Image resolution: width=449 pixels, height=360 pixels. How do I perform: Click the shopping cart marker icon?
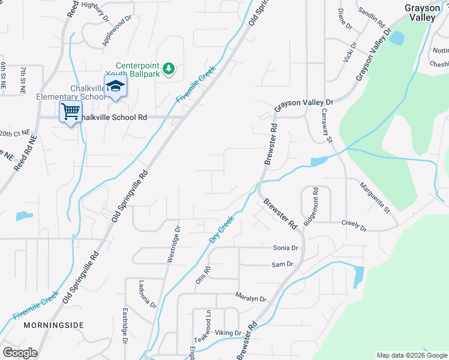[x=70, y=112]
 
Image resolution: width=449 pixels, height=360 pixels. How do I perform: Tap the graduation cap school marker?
[x=115, y=86]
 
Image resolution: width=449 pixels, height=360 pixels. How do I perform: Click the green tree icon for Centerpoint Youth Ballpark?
[x=169, y=68]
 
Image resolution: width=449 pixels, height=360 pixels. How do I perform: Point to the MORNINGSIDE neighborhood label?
[x=53, y=325]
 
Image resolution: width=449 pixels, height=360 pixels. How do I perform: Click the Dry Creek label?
[x=221, y=230]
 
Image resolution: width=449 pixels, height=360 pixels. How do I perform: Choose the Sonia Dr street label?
[x=285, y=248]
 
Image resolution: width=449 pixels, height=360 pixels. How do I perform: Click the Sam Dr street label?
[x=282, y=264]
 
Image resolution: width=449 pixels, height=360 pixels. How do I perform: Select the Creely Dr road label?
[x=354, y=225]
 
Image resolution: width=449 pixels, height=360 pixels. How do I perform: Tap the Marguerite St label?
[x=375, y=199]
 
